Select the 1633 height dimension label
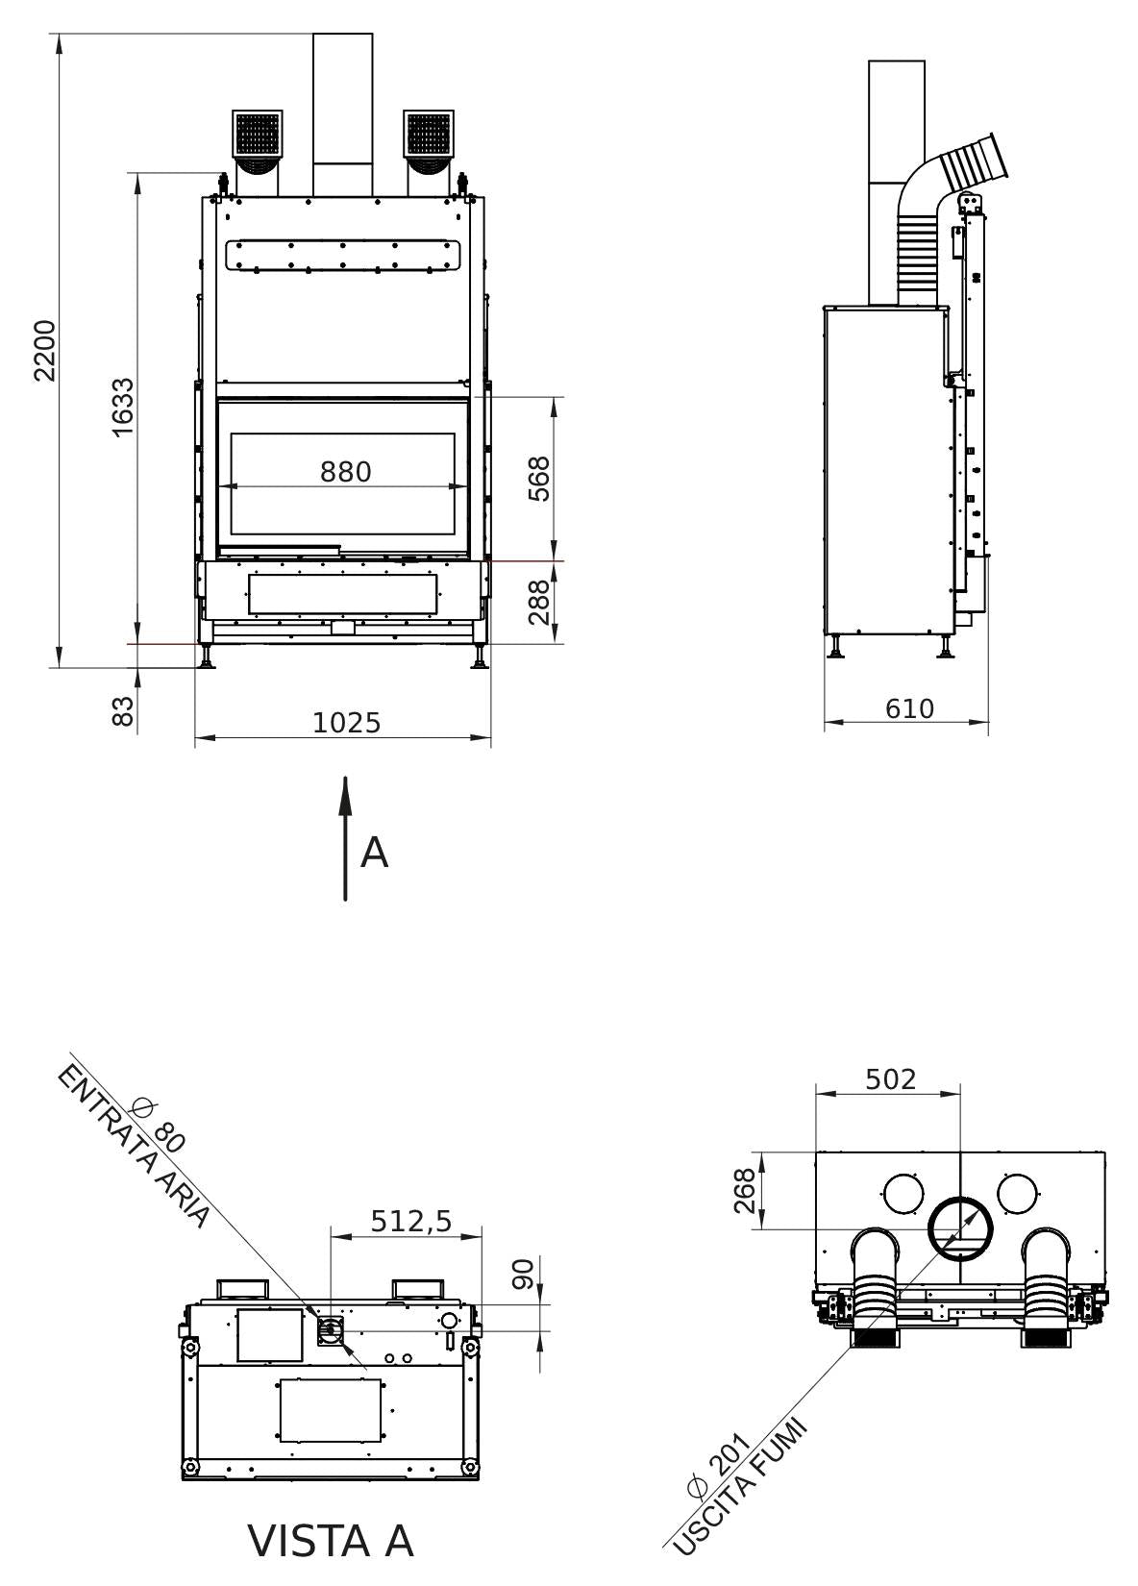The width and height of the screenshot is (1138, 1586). [123, 409]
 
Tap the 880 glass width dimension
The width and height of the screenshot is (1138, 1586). [345, 472]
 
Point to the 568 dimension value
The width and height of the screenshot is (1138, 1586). [541, 478]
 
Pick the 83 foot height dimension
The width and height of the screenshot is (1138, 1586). [123, 712]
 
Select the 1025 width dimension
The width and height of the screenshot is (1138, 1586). [346, 722]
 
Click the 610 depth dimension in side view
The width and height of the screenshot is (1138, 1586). [908, 708]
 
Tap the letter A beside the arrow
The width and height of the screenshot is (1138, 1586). [374, 853]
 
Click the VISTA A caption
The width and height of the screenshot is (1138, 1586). [331, 1541]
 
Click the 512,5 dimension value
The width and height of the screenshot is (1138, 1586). [410, 1220]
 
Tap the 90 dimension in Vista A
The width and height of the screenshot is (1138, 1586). [523, 1275]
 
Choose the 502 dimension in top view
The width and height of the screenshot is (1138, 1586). [890, 1078]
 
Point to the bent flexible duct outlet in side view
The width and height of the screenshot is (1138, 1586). [973, 163]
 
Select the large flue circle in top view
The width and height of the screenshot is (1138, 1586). [959, 1230]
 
